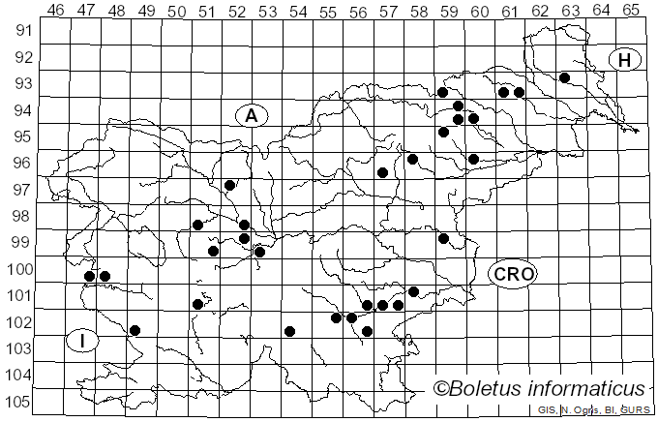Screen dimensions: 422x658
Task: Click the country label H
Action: tap(625, 60)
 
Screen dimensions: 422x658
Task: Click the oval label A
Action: tap(252, 116)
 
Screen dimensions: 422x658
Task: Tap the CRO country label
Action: tap(512, 274)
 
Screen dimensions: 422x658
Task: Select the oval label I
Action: tap(83, 340)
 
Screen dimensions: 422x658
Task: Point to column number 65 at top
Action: tap(631, 11)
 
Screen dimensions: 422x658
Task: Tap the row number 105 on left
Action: tap(19, 402)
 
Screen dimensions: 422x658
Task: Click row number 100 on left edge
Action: tap(19, 269)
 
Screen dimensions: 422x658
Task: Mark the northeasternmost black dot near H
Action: tap(564, 77)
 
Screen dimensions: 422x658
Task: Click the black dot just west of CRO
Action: tap(443, 238)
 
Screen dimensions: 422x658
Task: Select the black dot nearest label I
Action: tap(135, 331)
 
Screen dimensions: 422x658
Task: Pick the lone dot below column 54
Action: tap(289, 331)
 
